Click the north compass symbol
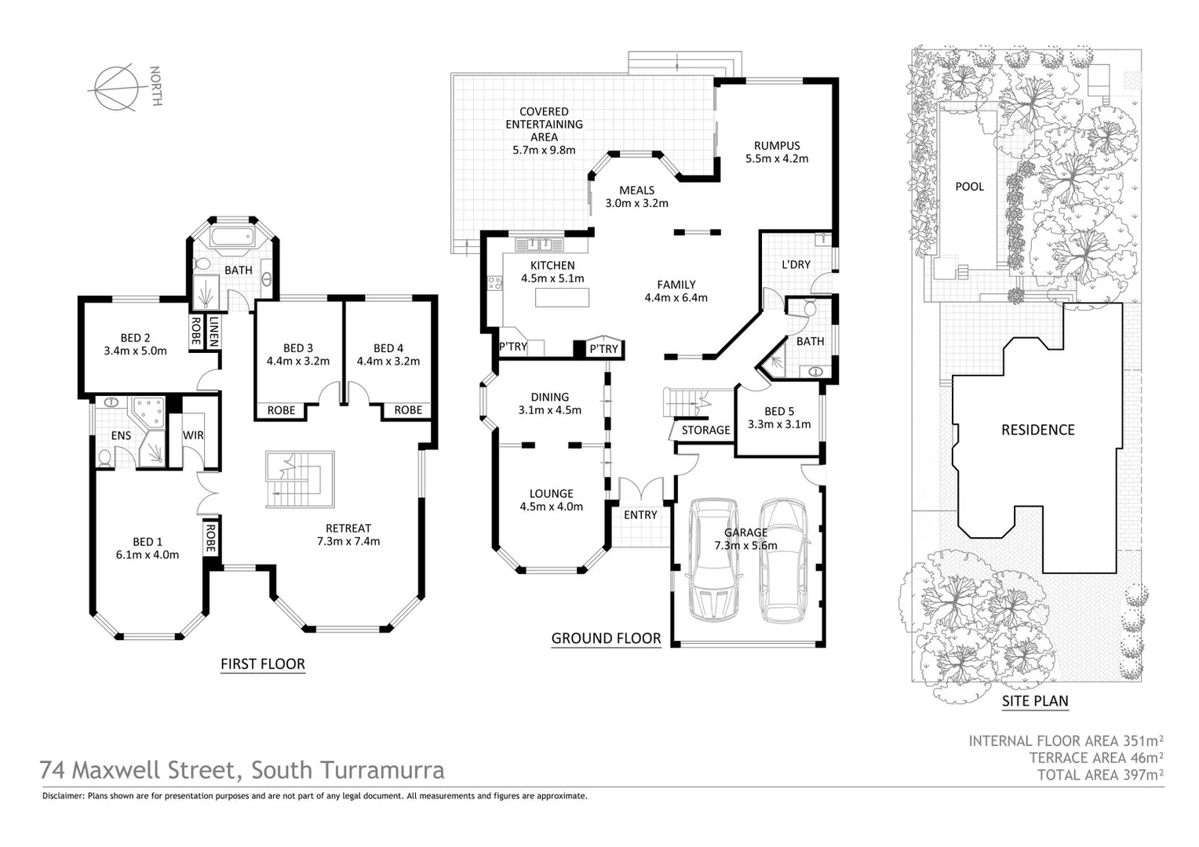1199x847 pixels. coord(115,86)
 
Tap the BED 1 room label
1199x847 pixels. coord(148,548)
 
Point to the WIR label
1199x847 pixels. coord(193,435)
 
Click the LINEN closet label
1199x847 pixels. coord(213,331)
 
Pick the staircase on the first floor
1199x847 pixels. coord(298,478)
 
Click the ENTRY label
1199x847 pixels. coord(640,515)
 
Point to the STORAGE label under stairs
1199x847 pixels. coord(705,431)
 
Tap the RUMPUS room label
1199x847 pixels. coord(777,151)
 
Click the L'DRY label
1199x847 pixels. coord(796,265)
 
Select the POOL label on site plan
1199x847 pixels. coord(969,187)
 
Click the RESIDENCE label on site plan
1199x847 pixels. coord(1037,430)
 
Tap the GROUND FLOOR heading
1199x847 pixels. coord(606,638)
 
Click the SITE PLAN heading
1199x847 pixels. coord(1035,701)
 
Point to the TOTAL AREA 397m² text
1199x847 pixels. coord(1099,775)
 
